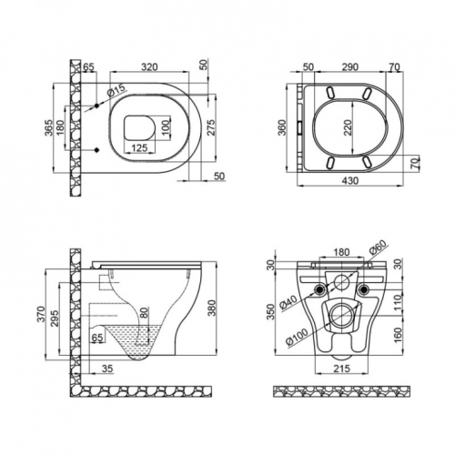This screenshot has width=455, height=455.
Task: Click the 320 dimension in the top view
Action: click(149, 66)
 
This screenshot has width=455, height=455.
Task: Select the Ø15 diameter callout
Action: click(116, 90)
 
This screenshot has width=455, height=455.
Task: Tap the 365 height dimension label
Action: click(49, 127)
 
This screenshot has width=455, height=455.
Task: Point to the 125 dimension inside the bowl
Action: click(139, 147)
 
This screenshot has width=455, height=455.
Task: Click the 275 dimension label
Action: click(211, 127)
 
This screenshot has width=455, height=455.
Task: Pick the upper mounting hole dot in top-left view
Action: click(96, 106)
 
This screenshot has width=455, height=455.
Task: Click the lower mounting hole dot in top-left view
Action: click(97, 150)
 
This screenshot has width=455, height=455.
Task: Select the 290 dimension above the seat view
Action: click(350, 66)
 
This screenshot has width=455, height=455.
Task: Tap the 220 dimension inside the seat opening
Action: click(348, 127)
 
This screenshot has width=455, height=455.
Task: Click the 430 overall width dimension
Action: click(350, 180)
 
